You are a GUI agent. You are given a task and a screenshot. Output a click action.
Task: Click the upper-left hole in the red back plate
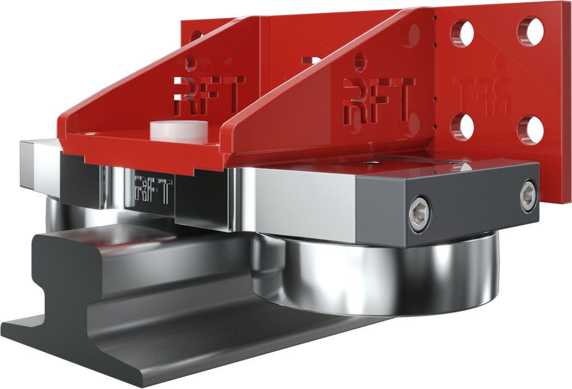coord(462,33)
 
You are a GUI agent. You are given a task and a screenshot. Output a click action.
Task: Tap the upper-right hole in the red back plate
coord(531,31)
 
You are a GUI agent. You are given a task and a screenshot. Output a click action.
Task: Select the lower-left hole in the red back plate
coord(462,126)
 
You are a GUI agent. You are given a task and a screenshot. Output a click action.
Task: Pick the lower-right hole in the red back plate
coord(531,129)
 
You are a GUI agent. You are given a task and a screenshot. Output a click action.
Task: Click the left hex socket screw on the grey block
coord(420,213)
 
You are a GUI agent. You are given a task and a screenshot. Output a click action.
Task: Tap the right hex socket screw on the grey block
coord(528,195)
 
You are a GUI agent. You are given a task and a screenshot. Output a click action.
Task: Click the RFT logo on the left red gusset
coord(209,95)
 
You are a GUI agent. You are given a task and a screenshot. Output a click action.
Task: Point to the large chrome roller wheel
coord(374,273)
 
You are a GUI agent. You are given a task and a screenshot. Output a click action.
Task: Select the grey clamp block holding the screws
coord(447,206)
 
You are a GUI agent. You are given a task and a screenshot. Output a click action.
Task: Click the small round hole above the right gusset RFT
coord(360,61)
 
